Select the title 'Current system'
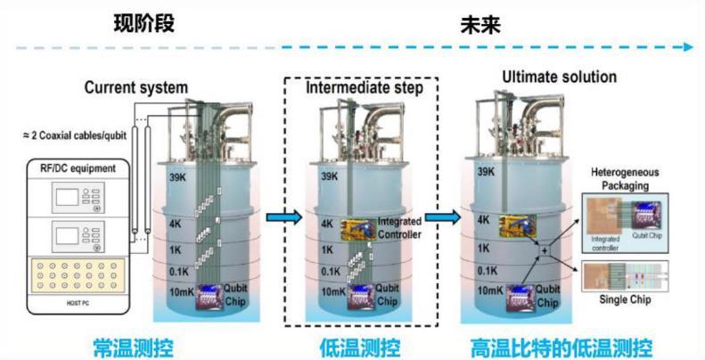136,87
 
